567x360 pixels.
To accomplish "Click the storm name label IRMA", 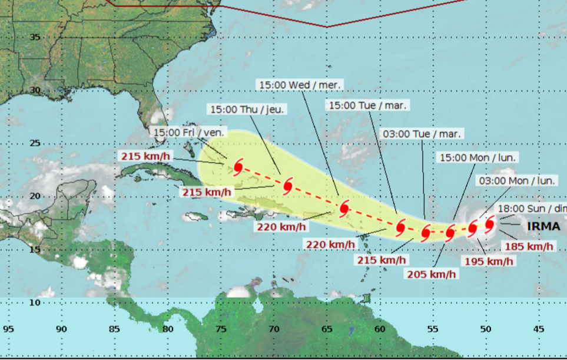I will (543, 226).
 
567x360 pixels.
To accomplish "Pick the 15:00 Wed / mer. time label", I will (300, 84).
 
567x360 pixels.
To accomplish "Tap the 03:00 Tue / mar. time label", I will (422, 134).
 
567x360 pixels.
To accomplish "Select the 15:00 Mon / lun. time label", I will (478, 157).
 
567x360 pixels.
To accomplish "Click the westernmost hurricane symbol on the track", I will (238, 167).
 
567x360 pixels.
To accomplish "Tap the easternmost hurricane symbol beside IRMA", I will (489, 224).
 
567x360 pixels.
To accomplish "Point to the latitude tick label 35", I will (35, 37).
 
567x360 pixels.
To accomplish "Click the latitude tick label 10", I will (35, 302).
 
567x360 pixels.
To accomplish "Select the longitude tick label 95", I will (8, 329).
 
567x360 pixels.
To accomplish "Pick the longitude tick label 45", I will (538, 329).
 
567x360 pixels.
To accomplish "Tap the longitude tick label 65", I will (326, 329).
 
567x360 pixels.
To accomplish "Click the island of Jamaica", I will (195, 216).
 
